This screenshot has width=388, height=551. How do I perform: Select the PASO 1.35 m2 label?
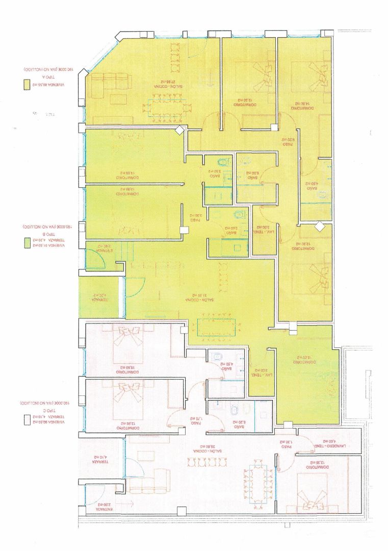click(288, 445)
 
